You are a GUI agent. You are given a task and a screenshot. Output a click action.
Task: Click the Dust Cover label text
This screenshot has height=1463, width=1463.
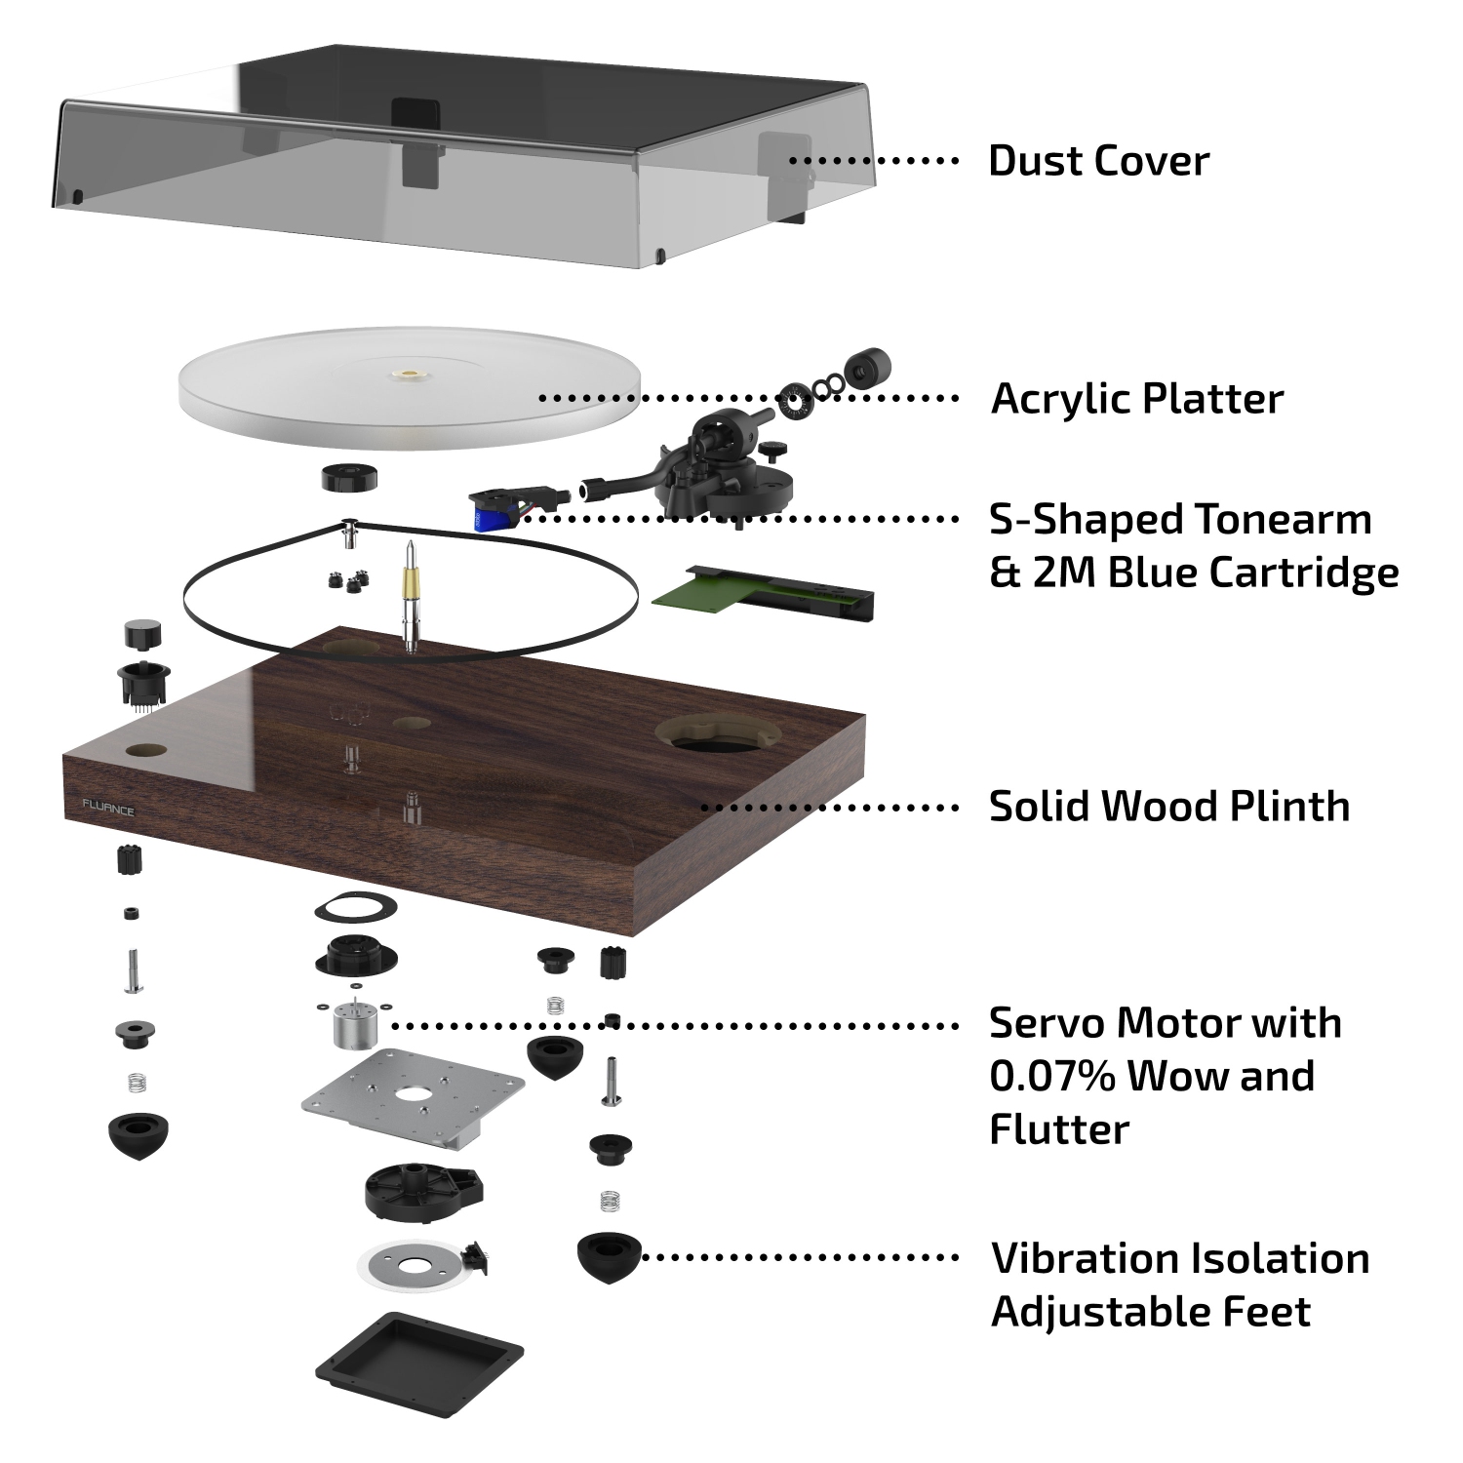1098,161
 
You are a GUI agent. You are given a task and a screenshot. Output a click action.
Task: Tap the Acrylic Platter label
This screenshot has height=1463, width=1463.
1136,399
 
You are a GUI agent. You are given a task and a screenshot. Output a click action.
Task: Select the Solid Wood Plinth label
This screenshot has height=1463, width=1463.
1168,807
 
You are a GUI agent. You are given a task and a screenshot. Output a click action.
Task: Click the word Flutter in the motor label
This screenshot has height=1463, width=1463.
1058,1129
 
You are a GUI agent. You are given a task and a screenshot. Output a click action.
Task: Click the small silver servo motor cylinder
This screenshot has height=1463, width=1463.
349,1027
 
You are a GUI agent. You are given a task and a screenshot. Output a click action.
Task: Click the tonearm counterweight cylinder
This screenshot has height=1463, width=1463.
867,369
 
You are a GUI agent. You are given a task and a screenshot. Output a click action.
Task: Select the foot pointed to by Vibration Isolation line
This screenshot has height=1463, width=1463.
609,1256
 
